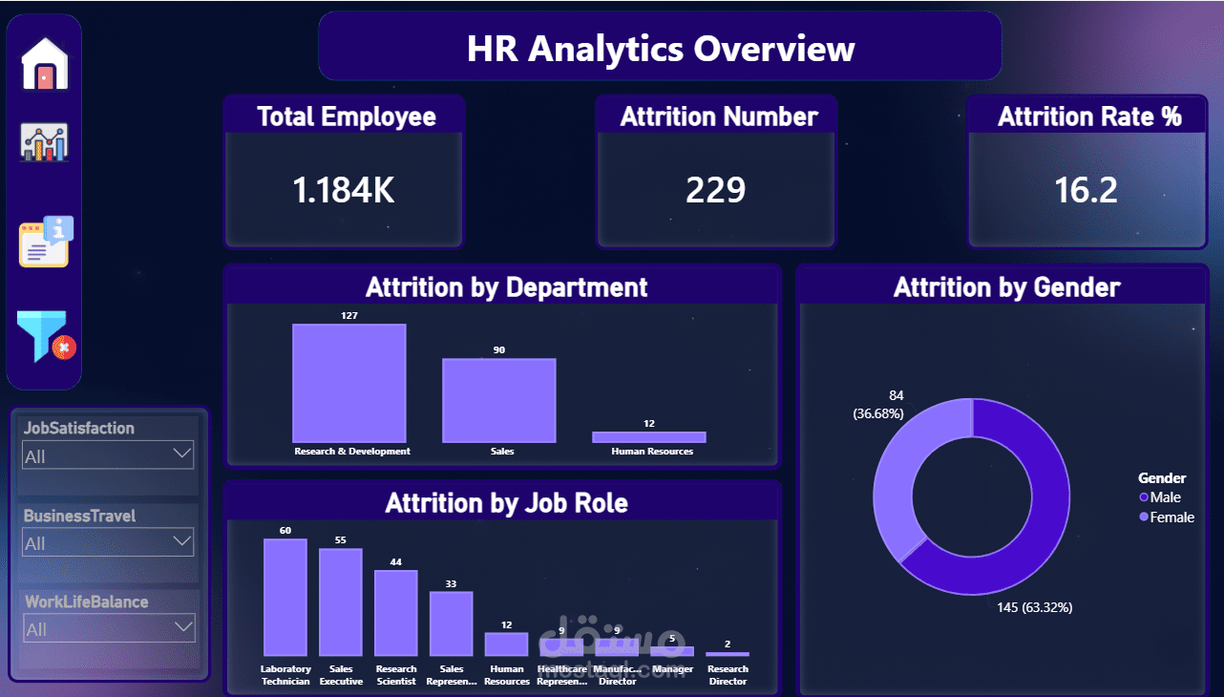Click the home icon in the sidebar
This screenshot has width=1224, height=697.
pyautogui.click(x=45, y=65)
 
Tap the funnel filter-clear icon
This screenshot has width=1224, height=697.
pyautogui.click(x=44, y=336)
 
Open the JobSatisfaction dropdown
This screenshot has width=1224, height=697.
pyautogui.click(x=108, y=455)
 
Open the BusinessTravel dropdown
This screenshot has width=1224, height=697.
pyautogui.click(x=108, y=542)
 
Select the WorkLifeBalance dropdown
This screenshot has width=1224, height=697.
pyautogui.click(x=108, y=628)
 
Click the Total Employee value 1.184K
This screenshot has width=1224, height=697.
pyautogui.click(x=344, y=190)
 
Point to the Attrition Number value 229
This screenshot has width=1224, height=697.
pyautogui.click(x=715, y=190)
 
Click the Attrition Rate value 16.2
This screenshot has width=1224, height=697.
pyautogui.click(x=1086, y=190)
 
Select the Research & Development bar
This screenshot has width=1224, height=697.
pyautogui.click(x=349, y=383)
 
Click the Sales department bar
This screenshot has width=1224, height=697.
pyautogui.click(x=498, y=400)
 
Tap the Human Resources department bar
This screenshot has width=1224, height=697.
pyautogui.click(x=649, y=437)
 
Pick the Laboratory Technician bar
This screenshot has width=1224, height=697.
pyautogui.click(x=285, y=597)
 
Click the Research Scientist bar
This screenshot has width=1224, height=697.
pyautogui.click(x=396, y=612)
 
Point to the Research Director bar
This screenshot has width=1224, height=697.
pyautogui.click(x=728, y=654)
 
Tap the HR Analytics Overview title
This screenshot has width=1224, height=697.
pyautogui.click(x=660, y=48)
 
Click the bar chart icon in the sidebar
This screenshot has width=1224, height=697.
pyautogui.click(x=45, y=142)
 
